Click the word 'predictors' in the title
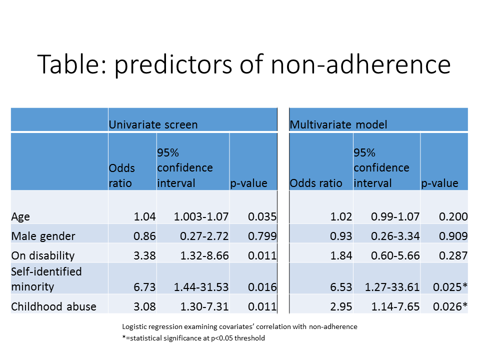pos(173,65)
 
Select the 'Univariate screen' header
pos(153,124)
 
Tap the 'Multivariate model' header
pos(338,124)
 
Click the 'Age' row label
pos(20,217)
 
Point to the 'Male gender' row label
pos(43,236)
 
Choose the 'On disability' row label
pos(43,256)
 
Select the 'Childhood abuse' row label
pos(53,306)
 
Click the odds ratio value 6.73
pos(144,287)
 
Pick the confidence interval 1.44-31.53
pos(201,287)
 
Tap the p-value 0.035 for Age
pos(262,216)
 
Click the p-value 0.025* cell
pos(450,287)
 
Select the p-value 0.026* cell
pos(450,306)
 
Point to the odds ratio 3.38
pos(144,255)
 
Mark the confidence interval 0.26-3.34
pos(395,236)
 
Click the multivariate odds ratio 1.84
pos(341,255)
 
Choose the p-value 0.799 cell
pos(262,236)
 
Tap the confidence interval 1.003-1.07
pos(201,216)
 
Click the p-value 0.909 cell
pos(453,236)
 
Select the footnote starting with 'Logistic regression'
pos(239,327)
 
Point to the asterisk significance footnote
pos(193,338)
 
